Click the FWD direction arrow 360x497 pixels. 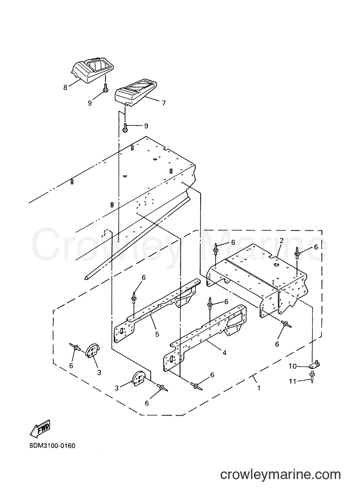point(40,428)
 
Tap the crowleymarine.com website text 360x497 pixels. point(281,475)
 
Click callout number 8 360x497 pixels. point(65,87)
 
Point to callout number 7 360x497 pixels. point(164,103)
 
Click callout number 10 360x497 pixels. point(292,366)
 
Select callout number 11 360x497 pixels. point(292,381)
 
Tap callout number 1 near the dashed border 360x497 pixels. point(259,388)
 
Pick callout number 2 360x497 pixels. point(281,241)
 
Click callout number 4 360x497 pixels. point(225,352)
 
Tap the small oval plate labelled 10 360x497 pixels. point(315,365)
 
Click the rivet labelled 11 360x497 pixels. point(312,377)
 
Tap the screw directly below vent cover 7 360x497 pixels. point(125,127)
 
